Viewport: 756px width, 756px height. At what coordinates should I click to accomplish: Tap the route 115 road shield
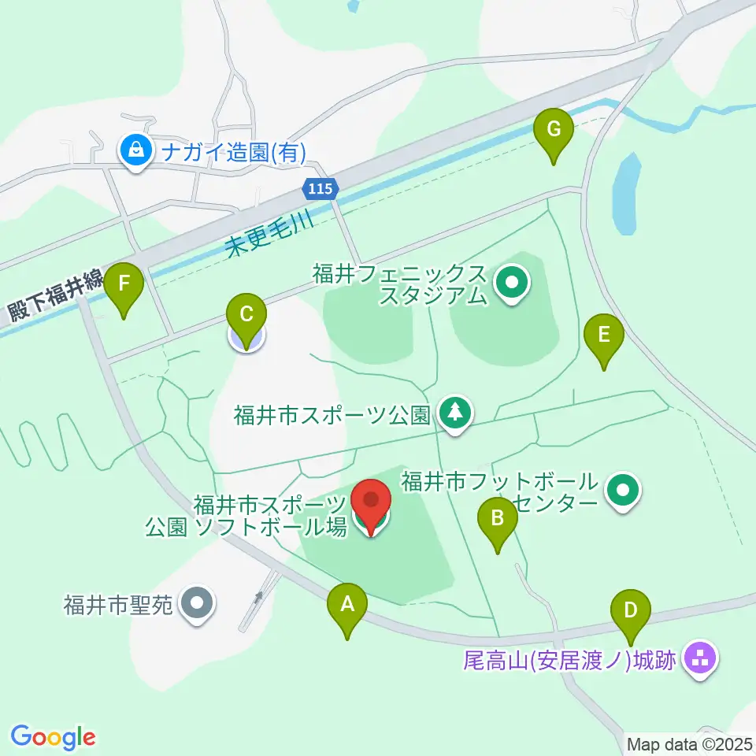click(321, 189)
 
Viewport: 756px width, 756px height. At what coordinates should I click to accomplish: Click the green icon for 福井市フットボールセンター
click(624, 491)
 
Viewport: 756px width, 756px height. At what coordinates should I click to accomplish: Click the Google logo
click(53, 737)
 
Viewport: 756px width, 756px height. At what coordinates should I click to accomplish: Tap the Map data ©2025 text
click(688, 743)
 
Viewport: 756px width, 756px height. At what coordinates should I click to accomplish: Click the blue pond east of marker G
click(624, 193)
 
